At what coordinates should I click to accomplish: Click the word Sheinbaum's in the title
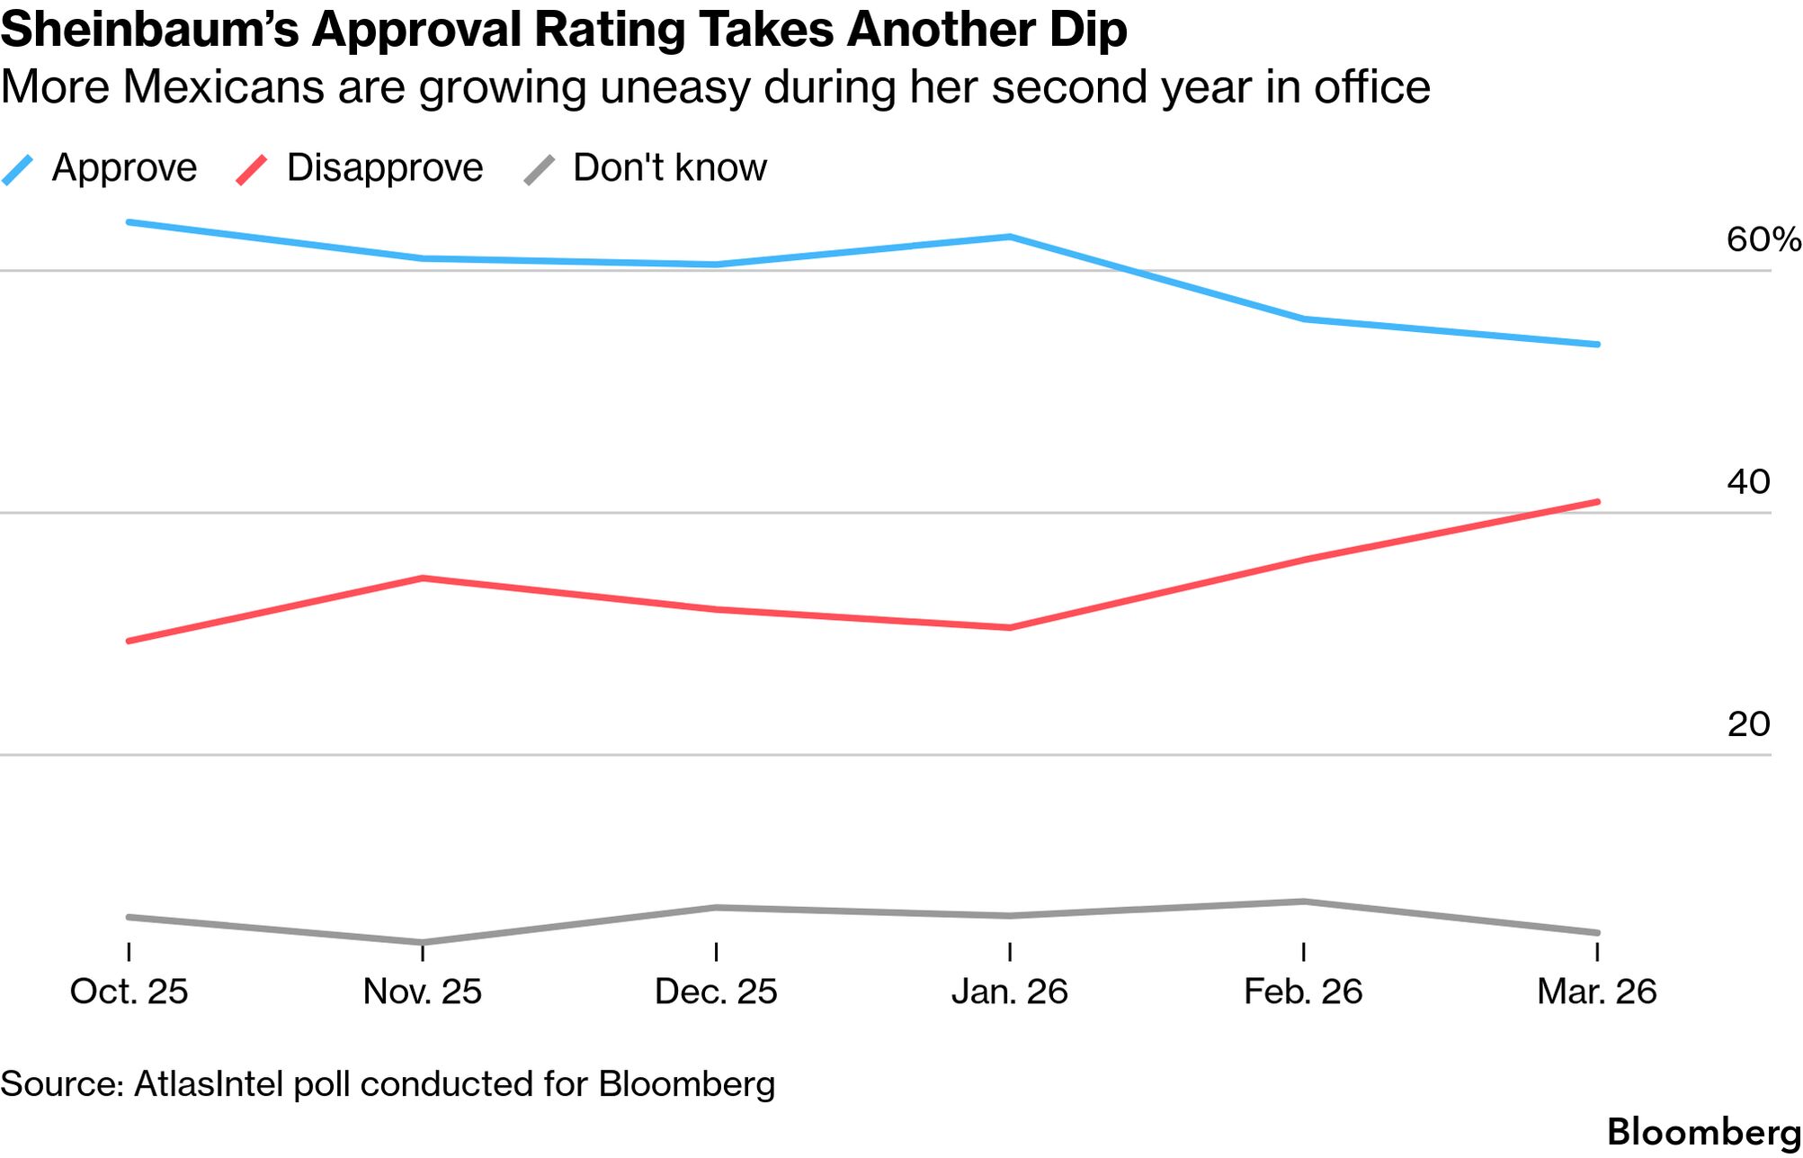(x=148, y=30)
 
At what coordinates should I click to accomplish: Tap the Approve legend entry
(x=124, y=168)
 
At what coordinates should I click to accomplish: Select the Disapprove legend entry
(x=384, y=168)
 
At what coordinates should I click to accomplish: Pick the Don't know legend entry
(x=669, y=168)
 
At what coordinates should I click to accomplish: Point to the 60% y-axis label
(x=1762, y=239)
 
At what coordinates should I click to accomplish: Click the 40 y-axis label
(x=1748, y=482)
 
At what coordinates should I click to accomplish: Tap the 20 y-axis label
(x=1748, y=724)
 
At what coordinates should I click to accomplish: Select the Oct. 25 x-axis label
(x=129, y=992)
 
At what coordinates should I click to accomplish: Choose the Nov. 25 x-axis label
(x=423, y=992)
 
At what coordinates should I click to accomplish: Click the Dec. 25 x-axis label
(x=716, y=992)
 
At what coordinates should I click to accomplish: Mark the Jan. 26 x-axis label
(x=1010, y=992)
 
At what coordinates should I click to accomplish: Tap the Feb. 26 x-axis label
(x=1303, y=992)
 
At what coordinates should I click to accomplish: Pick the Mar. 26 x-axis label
(x=1596, y=992)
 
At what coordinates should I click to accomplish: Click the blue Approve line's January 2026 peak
(x=1010, y=238)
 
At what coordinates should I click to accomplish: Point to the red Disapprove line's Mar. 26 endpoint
(x=1597, y=502)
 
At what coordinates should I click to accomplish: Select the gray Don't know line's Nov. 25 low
(x=423, y=942)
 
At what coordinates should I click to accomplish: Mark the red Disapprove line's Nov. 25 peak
(x=423, y=578)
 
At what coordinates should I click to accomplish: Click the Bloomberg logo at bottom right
(x=1703, y=1132)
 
